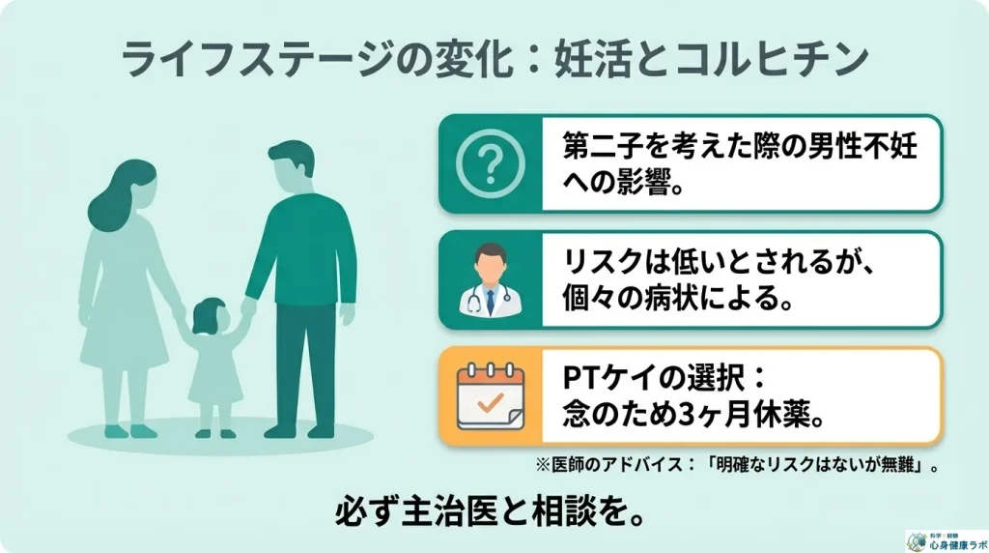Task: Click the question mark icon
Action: pyautogui.click(x=490, y=163)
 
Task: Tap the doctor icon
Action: pyautogui.click(x=490, y=279)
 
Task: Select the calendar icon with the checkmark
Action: pyautogui.click(x=490, y=397)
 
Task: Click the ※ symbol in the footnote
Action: pyautogui.click(x=543, y=465)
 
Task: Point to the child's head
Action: pyautogui.click(x=210, y=316)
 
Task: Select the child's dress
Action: pyautogui.click(x=214, y=372)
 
